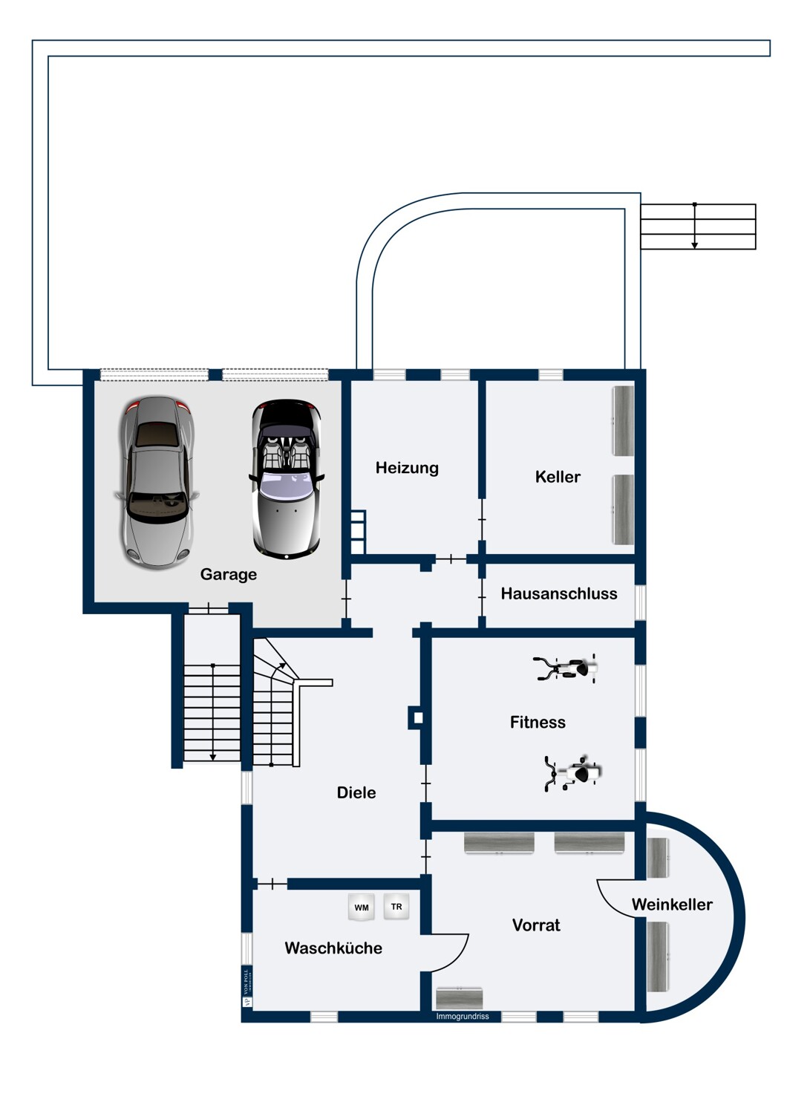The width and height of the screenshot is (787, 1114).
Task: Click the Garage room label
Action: tap(229, 574)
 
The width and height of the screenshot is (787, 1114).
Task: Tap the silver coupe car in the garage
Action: tap(157, 483)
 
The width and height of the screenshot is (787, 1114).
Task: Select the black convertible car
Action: tap(287, 479)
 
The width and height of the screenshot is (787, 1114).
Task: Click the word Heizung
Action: tap(407, 468)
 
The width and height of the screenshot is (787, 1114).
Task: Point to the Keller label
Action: tap(558, 477)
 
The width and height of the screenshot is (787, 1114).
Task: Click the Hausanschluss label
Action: tap(559, 593)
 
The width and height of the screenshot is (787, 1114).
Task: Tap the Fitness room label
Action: tap(538, 722)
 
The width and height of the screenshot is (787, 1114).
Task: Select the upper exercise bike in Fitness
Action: tap(566, 668)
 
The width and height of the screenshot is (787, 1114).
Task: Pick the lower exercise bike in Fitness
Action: tap(573, 774)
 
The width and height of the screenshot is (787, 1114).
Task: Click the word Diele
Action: tap(356, 792)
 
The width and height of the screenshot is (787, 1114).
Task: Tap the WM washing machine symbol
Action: tap(362, 907)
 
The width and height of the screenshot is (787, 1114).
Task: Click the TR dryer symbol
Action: tap(396, 906)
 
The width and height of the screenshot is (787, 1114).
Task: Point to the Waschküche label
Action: tap(333, 948)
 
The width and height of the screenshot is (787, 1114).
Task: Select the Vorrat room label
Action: tap(536, 925)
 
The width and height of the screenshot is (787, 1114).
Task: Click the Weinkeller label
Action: tap(672, 905)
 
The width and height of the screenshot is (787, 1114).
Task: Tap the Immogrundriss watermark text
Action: tap(463, 1017)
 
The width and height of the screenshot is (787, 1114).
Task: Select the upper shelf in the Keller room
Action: tap(624, 420)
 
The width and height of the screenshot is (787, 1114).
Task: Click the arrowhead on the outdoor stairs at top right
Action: tap(695, 245)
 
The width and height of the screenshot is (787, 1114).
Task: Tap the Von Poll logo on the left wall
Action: tap(247, 988)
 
